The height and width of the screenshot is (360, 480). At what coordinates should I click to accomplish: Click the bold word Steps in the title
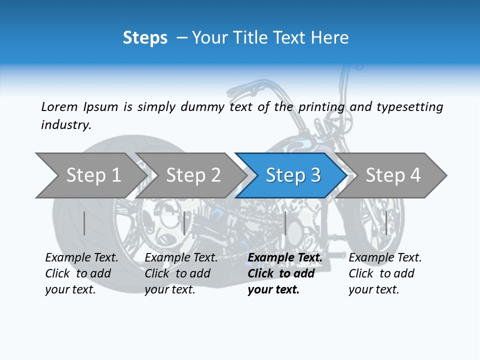[x=145, y=38]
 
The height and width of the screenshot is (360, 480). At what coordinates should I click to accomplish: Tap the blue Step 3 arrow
[x=293, y=175]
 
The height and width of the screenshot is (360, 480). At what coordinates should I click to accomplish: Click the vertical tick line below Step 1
[x=84, y=223]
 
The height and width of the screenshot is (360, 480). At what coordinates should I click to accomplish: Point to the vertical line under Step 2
[x=184, y=223]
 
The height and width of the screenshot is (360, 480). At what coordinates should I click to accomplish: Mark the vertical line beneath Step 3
[x=285, y=223]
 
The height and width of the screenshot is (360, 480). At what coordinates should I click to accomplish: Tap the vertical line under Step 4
[x=386, y=223]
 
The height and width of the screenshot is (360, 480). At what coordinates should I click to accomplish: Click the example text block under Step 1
[x=81, y=273]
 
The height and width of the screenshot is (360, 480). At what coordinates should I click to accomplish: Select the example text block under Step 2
[x=181, y=273]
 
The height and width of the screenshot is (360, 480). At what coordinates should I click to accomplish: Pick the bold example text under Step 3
[x=285, y=273]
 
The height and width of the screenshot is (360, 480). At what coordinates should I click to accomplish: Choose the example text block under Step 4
[x=385, y=273]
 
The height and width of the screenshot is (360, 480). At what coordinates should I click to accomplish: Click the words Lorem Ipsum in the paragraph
[x=79, y=106]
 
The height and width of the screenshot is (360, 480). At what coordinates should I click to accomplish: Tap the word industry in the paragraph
[x=66, y=125]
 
